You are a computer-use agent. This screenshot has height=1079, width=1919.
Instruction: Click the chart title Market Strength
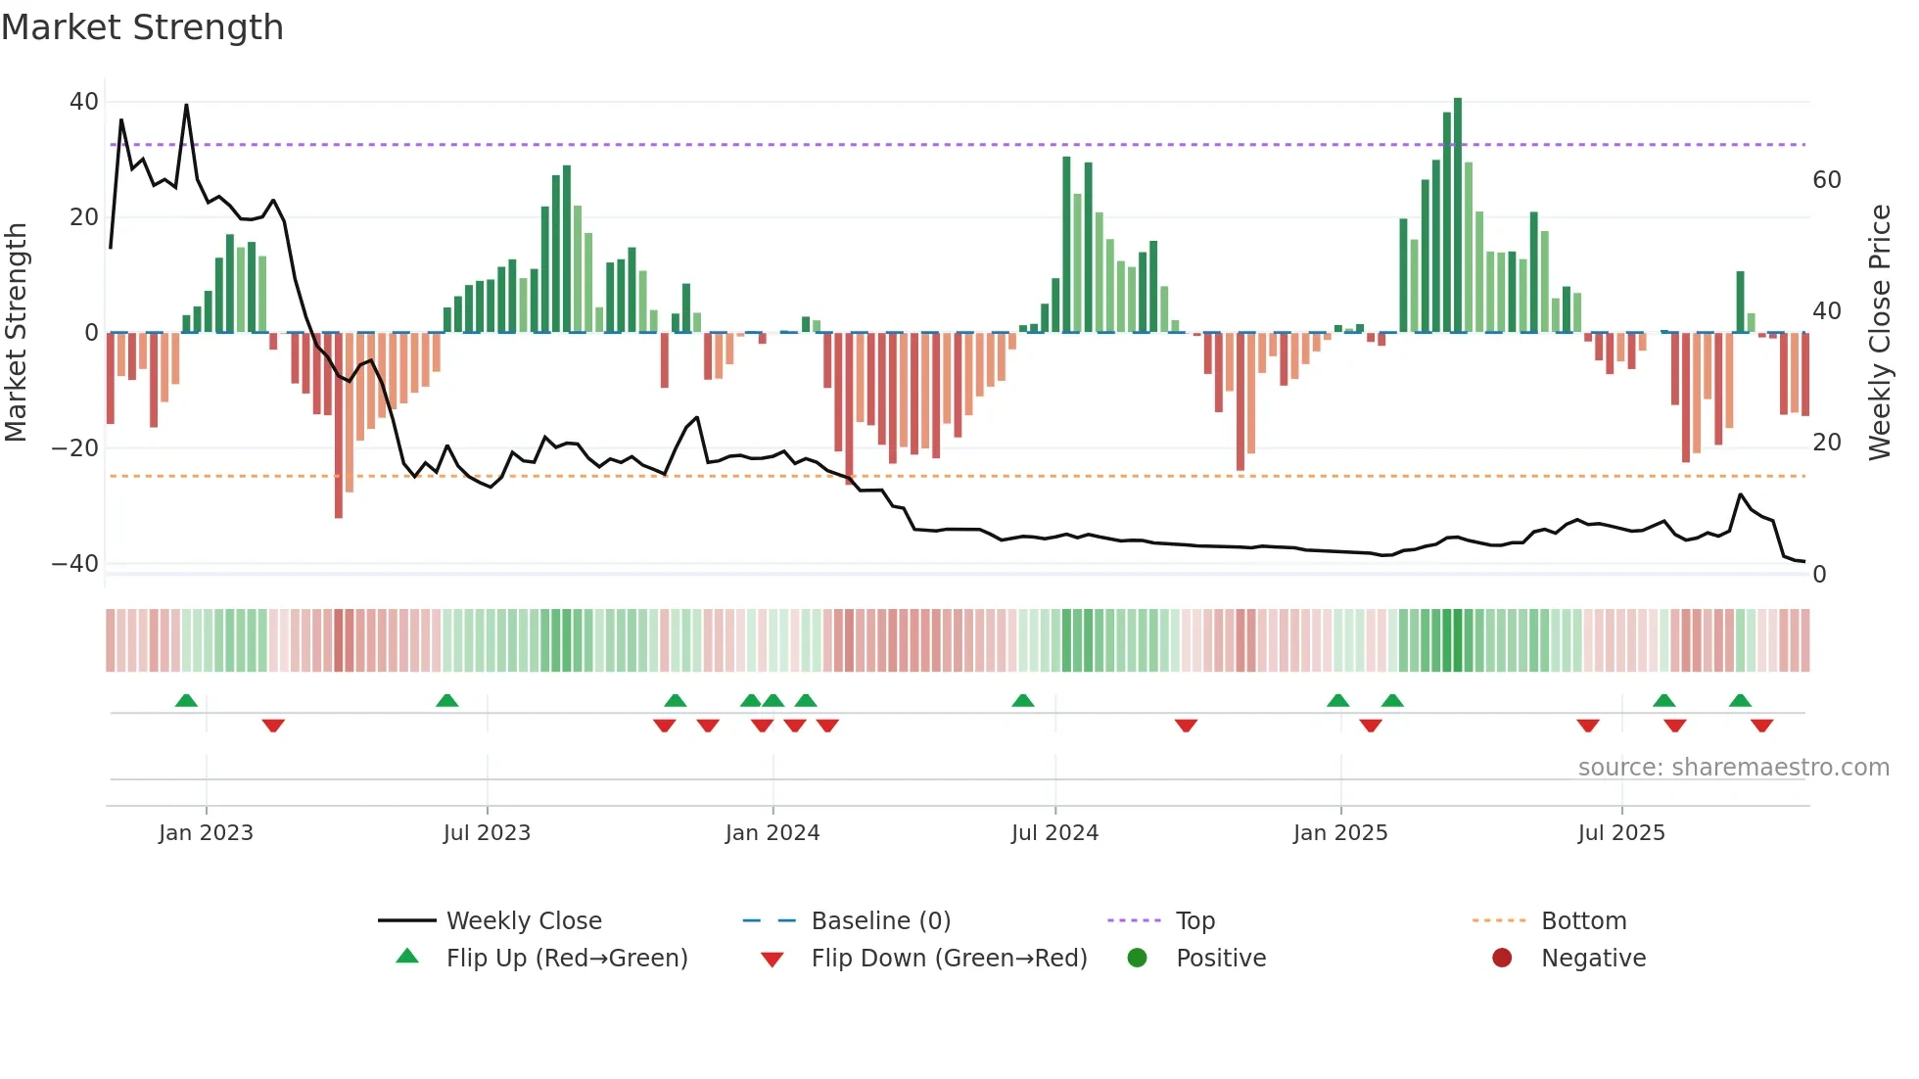[142, 27]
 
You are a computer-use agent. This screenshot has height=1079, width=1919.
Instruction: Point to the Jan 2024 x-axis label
[772, 833]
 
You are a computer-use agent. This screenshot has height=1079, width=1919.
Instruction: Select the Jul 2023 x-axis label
[487, 833]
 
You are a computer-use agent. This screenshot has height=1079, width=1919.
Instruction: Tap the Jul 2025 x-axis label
[1620, 833]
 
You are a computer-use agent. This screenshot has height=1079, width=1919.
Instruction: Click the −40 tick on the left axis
[75, 564]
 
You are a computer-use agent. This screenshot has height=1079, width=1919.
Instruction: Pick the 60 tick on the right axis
[1826, 180]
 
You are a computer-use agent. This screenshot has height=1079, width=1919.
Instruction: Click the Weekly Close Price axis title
[1879, 333]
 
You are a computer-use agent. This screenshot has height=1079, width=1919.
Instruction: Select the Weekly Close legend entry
[524, 921]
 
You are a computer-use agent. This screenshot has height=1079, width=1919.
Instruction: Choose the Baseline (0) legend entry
[880, 921]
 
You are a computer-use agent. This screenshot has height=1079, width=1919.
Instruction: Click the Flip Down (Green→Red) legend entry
[948, 959]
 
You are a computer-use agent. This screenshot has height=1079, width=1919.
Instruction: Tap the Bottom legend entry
[1583, 921]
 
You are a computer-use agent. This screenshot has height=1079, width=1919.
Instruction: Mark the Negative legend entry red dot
[1501, 959]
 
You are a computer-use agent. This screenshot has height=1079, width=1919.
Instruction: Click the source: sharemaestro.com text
[1733, 768]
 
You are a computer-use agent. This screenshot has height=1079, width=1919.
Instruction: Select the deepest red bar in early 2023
[339, 426]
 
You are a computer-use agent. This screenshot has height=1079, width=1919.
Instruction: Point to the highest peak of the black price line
[186, 106]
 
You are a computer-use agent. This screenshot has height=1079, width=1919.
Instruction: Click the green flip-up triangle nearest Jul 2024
[1022, 700]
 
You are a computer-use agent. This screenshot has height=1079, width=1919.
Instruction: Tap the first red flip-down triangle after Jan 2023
[273, 726]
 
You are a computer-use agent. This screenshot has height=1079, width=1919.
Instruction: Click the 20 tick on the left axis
[84, 217]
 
